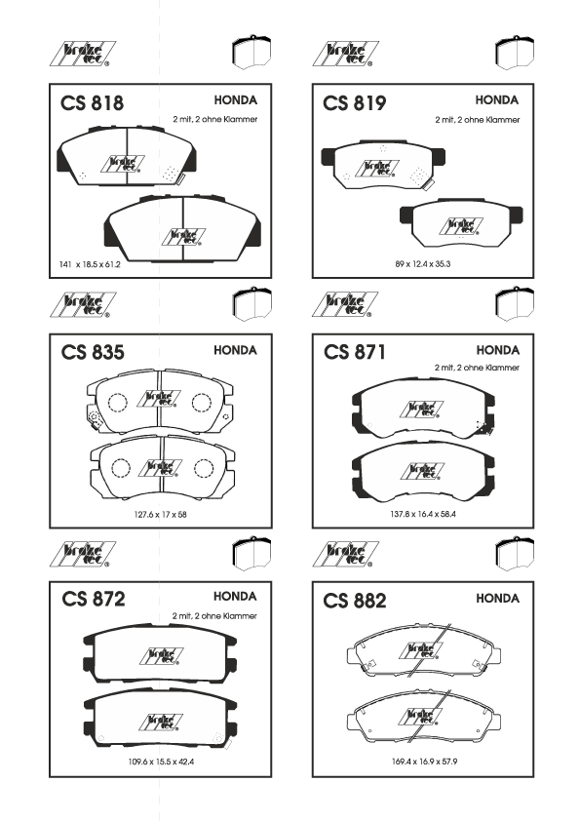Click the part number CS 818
[93, 102]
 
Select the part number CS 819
[355, 102]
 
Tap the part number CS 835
[93, 352]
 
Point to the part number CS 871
[355, 352]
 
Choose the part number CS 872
[94, 599]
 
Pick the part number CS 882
[355, 601]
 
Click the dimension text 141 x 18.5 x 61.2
[90, 264]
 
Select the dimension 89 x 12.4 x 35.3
[423, 264]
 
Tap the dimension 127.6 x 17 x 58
[160, 515]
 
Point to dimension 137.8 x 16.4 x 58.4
[423, 514]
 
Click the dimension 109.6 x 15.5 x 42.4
[161, 762]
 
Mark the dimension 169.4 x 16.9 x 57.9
[425, 762]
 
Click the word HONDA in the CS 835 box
[235, 350]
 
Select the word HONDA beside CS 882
[497, 599]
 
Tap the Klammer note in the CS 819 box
[478, 120]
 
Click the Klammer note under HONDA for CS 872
[214, 616]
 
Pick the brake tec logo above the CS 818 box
[83, 54]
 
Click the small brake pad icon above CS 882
[515, 554]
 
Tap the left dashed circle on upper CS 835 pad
[118, 402]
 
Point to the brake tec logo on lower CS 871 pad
[422, 471]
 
